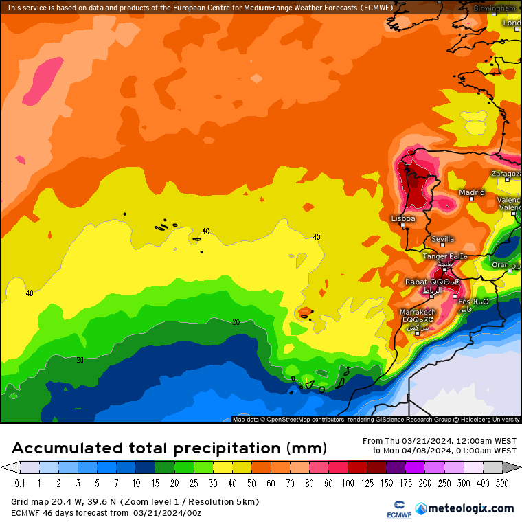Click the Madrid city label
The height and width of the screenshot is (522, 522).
pyautogui.click(x=472, y=192)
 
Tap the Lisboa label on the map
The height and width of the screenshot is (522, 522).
pyautogui.click(x=402, y=218)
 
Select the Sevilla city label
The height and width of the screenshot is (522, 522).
pyautogui.click(x=442, y=239)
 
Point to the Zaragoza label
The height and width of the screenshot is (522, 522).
pyautogui.click(x=505, y=174)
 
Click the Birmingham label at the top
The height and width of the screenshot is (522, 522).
pyautogui.click(x=495, y=8)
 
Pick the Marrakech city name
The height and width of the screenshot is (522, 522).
pyautogui.click(x=418, y=313)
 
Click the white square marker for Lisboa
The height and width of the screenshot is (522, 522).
pyautogui.click(x=403, y=225)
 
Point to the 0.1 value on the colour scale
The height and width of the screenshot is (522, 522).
pyautogui.click(x=19, y=484)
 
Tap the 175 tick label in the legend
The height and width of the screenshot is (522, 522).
pyautogui.click(x=389, y=484)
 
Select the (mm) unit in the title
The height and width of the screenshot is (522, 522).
pyautogui.click(x=307, y=449)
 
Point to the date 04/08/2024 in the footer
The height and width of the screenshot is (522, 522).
pyautogui.click(x=409, y=451)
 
